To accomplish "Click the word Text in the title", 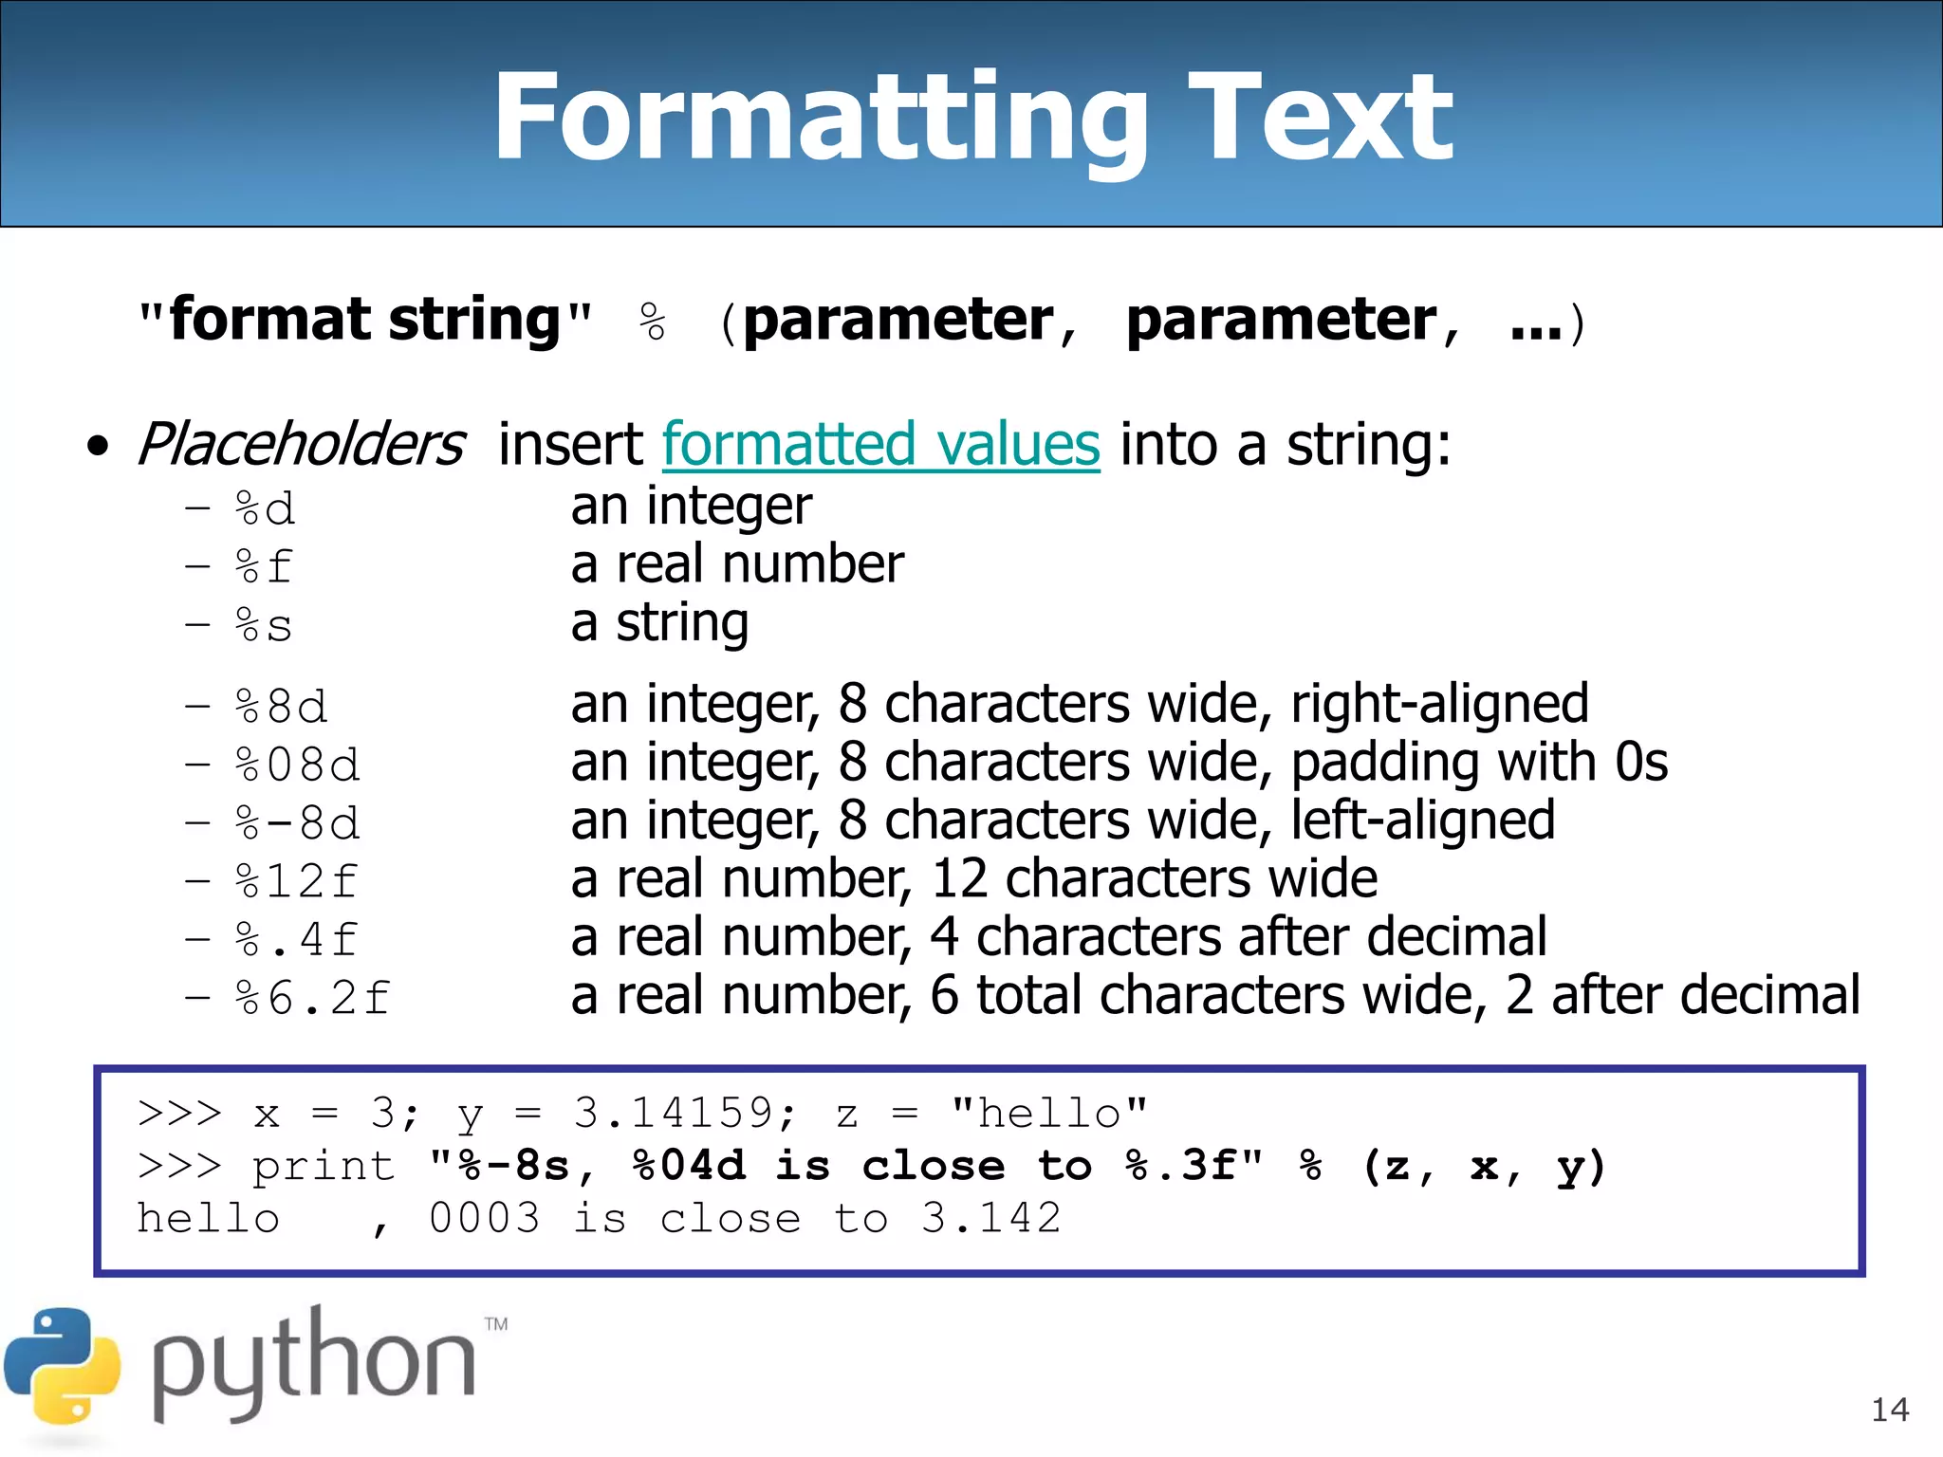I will [x=1321, y=119].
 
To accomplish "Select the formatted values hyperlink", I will [x=880, y=444].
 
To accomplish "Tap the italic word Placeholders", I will [x=301, y=444].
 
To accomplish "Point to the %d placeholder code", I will [x=265, y=509].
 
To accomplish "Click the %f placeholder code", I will [x=264, y=567].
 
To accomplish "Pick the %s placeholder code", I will [x=264, y=626].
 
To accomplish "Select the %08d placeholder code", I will [x=297, y=765].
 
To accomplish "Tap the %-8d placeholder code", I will [x=297, y=822].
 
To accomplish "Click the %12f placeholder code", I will [x=296, y=881].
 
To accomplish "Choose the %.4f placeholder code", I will [x=296, y=940].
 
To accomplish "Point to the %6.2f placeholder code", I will [x=312, y=998].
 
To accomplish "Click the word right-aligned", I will [x=1439, y=704].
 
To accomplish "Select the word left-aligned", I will [x=1422, y=821].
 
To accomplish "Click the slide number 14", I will [x=1889, y=1410].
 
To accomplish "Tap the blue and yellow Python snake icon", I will [x=62, y=1366].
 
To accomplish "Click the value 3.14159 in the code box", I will [x=675, y=1113].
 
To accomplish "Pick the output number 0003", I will [x=485, y=1218].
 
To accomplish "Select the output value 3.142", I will [x=990, y=1218].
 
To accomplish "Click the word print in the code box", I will [x=324, y=1167].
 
